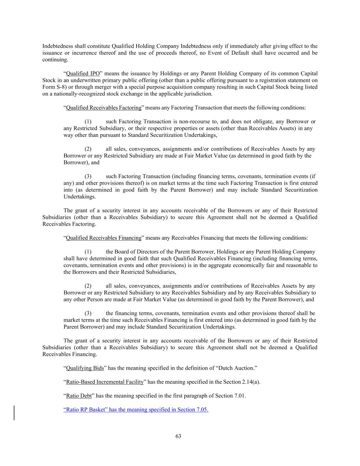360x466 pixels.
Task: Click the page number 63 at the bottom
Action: (178, 436)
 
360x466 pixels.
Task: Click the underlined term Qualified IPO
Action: (83, 74)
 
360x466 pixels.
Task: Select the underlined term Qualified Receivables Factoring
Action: (103, 108)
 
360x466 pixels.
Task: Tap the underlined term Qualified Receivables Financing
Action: (103, 238)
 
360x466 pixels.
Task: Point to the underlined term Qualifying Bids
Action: (85, 368)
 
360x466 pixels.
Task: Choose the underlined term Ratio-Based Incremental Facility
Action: (105, 382)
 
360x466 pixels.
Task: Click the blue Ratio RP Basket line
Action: (136, 410)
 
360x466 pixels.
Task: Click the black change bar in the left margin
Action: (14, 412)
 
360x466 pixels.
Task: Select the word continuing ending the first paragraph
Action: (55, 60)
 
